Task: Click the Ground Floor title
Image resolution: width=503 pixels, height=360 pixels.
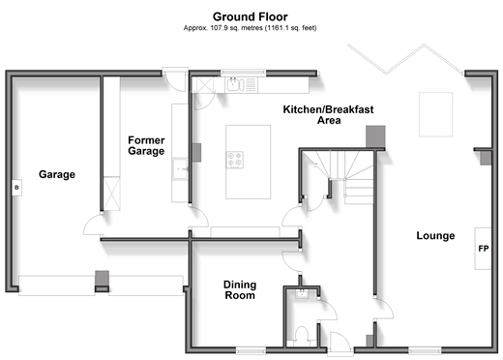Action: coord(251,16)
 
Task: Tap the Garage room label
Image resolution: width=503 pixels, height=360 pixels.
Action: coord(57,174)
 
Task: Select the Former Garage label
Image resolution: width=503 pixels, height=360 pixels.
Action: coord(146,145)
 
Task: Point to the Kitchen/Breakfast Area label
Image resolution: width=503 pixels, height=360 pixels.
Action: coord(328,114)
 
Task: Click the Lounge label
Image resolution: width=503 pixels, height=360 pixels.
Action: coord(435,235)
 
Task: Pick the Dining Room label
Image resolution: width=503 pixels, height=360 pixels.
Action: coord(240,290)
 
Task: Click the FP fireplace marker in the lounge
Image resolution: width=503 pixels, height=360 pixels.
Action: coord(484,249)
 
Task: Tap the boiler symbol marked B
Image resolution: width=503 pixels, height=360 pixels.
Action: coord(16,188)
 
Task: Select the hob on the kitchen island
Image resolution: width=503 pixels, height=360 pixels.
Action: coord(235,160)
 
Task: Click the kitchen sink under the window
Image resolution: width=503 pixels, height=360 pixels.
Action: coord(235,84)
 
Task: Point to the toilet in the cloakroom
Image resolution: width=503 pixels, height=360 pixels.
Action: coord(302,336)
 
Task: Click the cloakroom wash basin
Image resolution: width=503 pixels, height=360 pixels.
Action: coord(303,294)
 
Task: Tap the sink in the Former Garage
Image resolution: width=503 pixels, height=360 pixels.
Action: coord(180,168)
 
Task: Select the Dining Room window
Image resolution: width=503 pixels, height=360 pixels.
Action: coord(251,350)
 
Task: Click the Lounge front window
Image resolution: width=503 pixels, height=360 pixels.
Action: coord(425,350)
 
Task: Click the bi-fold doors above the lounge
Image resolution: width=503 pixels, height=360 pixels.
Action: coord(405,59)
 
